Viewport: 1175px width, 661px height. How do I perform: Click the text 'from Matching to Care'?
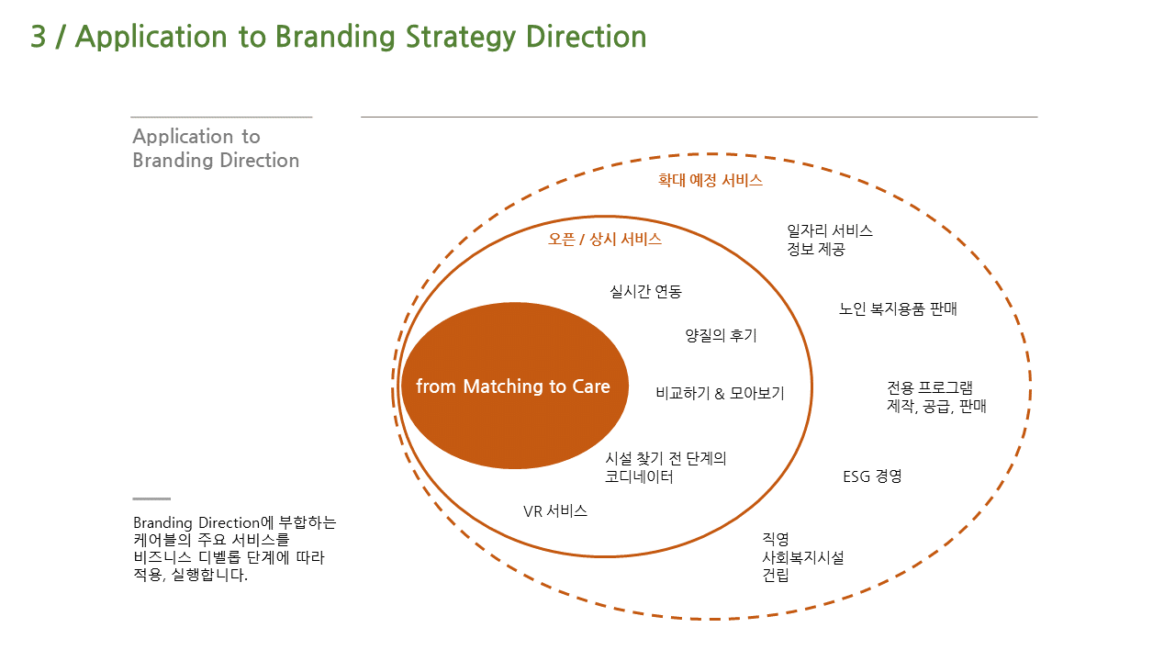(513, 387)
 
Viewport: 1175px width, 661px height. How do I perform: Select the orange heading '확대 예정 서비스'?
(711, 181)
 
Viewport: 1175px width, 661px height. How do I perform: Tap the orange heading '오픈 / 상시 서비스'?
(605, 240)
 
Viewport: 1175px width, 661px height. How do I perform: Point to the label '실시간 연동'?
(645, 292)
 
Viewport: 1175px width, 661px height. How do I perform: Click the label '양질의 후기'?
(722, 336)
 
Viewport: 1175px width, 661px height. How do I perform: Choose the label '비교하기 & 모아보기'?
(721, 394)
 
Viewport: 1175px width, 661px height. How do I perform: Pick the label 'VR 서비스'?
(555, 511)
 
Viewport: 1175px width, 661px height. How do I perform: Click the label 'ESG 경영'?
(872, 476)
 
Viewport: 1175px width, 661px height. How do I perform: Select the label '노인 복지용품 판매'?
(898, 309)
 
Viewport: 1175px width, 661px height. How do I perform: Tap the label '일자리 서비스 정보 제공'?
(830, 240)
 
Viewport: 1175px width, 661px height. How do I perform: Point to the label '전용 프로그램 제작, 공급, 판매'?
(936, 398)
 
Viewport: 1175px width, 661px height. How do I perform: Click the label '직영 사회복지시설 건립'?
(803, 557)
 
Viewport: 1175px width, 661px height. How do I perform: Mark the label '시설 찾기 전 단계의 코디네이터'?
(666, 467)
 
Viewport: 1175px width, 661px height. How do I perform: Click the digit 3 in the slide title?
(39, 37)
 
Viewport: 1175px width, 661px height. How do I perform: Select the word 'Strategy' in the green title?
(461, 38)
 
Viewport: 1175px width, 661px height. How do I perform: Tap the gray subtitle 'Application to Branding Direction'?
(216, 149)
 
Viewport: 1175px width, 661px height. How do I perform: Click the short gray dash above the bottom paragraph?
(151, 499)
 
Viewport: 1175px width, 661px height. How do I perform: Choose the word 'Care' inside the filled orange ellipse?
(591, 387)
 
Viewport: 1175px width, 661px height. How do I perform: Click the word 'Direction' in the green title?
(586, 37)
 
